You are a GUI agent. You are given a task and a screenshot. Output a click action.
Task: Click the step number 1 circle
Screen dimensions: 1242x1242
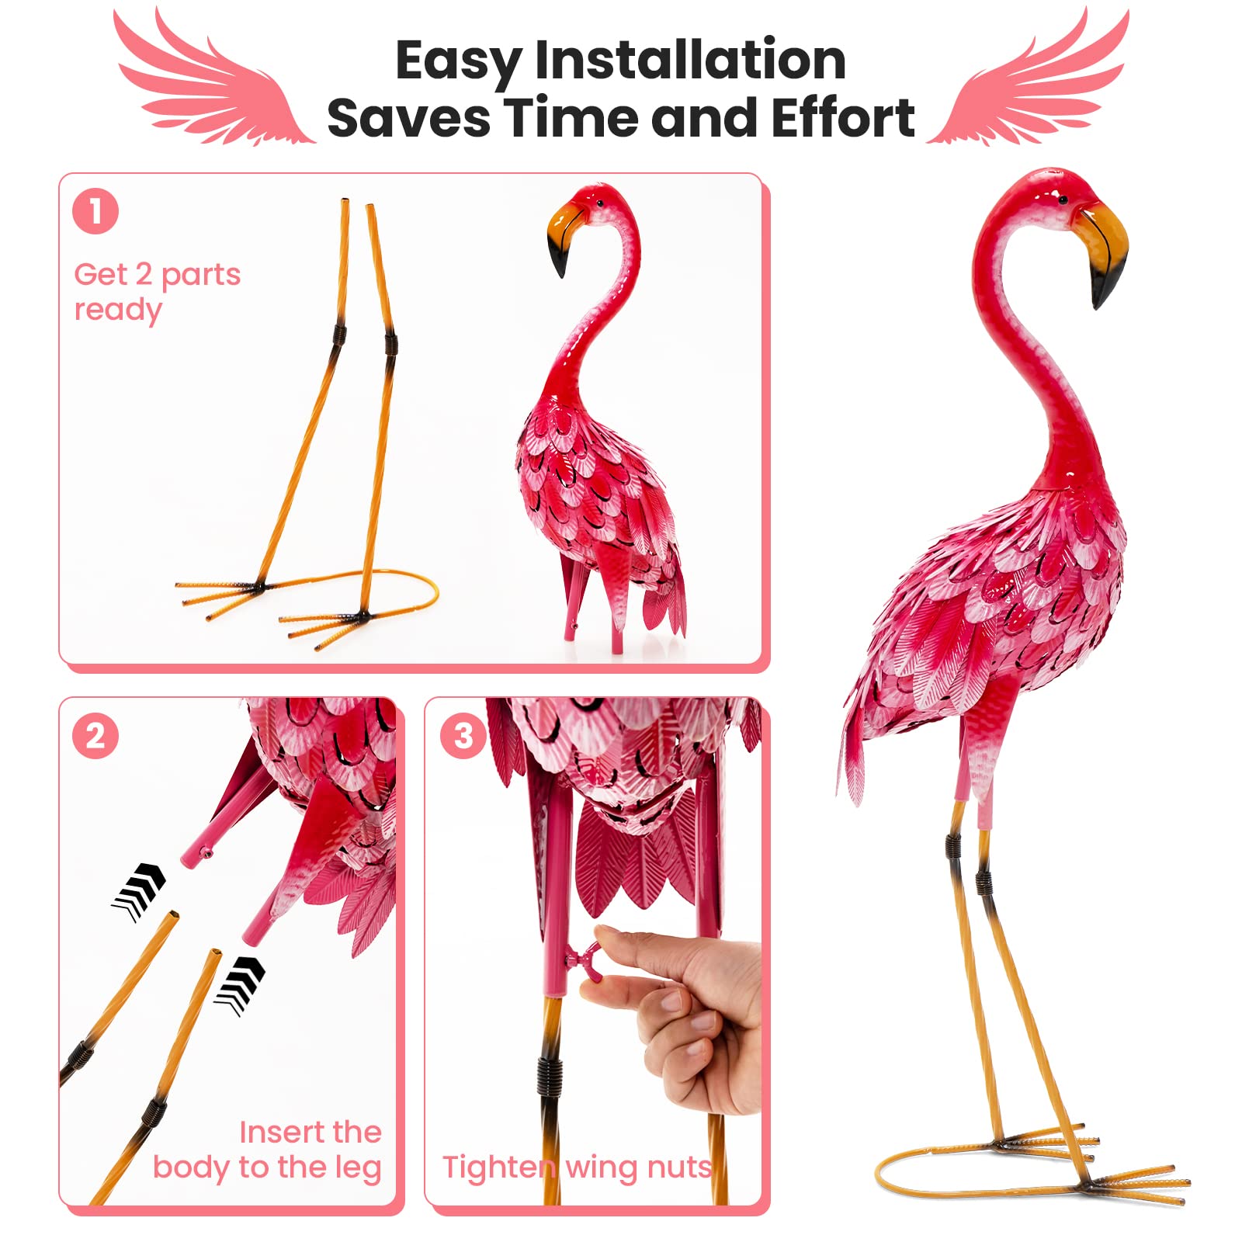pos(95,211)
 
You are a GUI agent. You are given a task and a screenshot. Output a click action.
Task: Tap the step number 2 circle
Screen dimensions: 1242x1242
pos(95,736)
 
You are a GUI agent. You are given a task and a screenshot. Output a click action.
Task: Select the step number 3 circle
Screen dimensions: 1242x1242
pos(463,736)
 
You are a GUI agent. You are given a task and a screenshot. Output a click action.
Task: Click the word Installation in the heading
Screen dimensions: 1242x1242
pos(690,61)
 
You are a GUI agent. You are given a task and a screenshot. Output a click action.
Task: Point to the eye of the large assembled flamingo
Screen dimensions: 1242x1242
pos(1063,201)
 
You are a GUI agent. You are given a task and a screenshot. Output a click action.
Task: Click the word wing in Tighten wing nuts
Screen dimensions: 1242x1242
pos(597,1167)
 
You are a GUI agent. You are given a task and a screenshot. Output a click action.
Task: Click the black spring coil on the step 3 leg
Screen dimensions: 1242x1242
pos(549,1075)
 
